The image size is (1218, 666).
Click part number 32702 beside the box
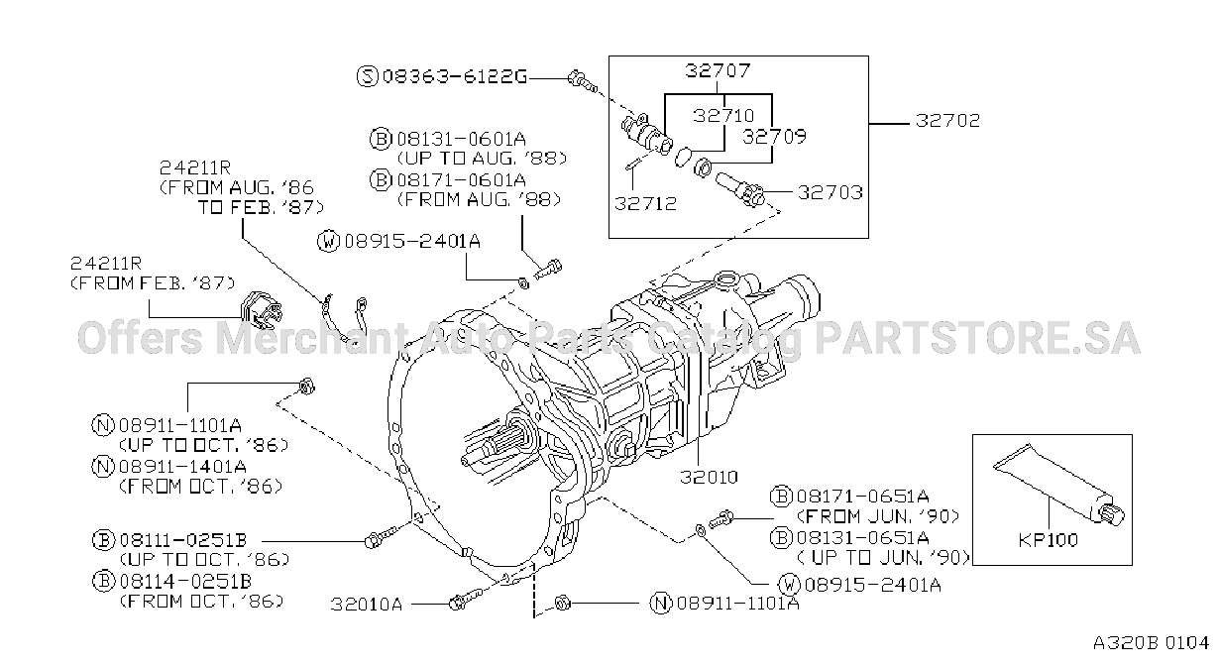tap(947, 120)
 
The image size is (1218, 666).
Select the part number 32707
tap(718, 70)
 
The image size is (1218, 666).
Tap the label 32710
tap(723, 115)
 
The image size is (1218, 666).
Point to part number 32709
tap(774, 136)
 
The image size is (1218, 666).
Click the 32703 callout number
tap(830, 192)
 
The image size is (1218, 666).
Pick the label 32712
tap(645, 203)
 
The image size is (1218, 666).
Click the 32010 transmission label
tap(709, 477)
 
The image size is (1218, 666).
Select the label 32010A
tap(367, 604)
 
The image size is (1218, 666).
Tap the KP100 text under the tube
tap(1048, 540)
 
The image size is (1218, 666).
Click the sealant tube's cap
tap(1111, 514)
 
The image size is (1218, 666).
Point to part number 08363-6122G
tap(455, 76)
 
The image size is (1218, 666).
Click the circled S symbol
tap(368, 76)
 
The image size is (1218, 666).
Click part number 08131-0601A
tap(461, 139)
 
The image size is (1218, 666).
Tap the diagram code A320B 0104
tap(1151, 643)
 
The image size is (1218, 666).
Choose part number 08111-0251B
tap(182, 540)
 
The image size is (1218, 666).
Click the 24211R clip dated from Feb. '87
tap(261, 310)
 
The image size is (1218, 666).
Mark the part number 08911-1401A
tap(182, 467)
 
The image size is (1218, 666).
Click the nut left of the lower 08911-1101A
tap(562, 603)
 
